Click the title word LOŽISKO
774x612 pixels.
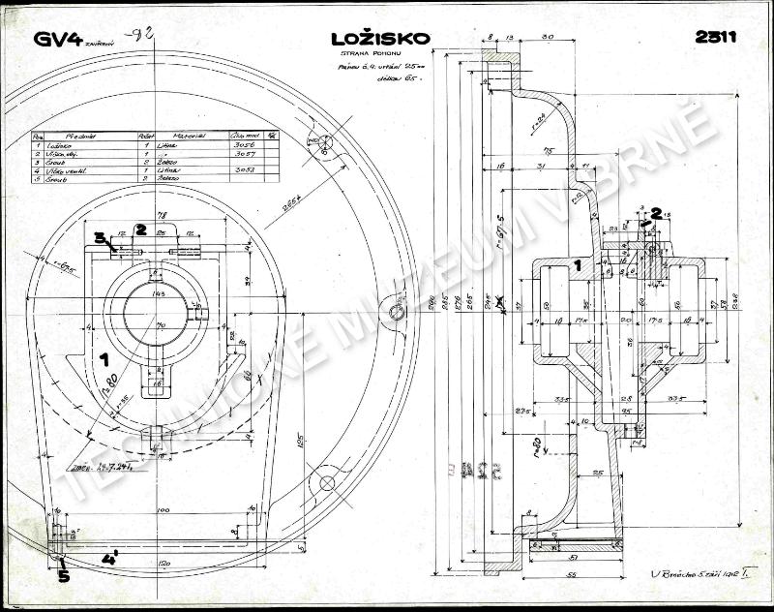378,39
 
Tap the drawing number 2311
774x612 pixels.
716,38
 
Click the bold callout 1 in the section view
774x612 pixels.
577,263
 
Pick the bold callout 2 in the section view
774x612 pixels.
656,212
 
